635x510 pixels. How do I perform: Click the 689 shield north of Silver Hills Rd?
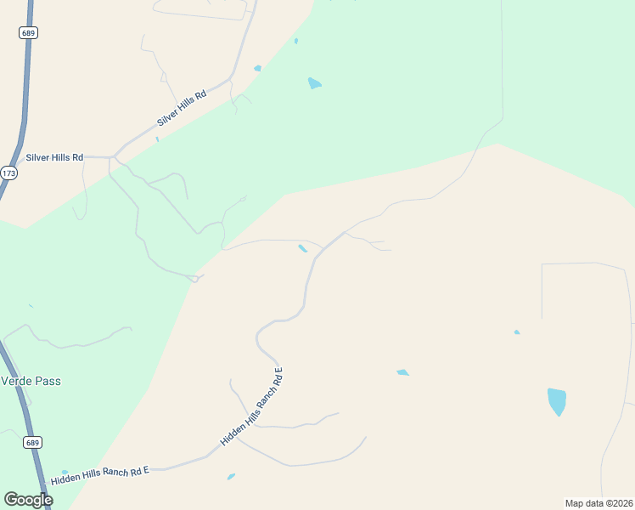pyautogui.click(x=28, y=32)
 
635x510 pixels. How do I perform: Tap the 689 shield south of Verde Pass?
pyautogui.click(x=33, y=443)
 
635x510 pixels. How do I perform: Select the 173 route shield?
pyautogui.click(x=8, y=173)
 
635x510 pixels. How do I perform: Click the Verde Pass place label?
pyautogui.click(x=31, y=381)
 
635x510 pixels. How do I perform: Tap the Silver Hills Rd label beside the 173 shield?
pyautogui.click(x=54, y=157)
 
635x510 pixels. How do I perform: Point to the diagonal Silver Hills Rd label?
pyautogui.click(x=182, y=110)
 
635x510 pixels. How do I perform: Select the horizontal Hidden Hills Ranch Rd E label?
pyautogui.click(x=100, y=475)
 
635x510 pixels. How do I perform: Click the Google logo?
pyautogui.click(x=28, y=500)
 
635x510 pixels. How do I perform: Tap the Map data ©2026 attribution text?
pyautogui.click(x=598, y=502)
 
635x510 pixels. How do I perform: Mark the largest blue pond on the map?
pyautogui.click(x=557, y=400)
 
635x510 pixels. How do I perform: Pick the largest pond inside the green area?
pyautogui.click(x=314, y=83)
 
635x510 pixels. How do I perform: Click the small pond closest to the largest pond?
pyautogui.click(x=517, y=332)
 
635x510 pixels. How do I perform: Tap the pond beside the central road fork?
pyautogui.click(x=303, y=248)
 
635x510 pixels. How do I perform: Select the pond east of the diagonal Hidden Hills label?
pyautogui.click(x=402, y=372)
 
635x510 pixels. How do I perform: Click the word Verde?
pyautogui.click(x=16, y=381)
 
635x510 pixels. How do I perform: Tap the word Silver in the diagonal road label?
pyautogui.click(x=168, y=117)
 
